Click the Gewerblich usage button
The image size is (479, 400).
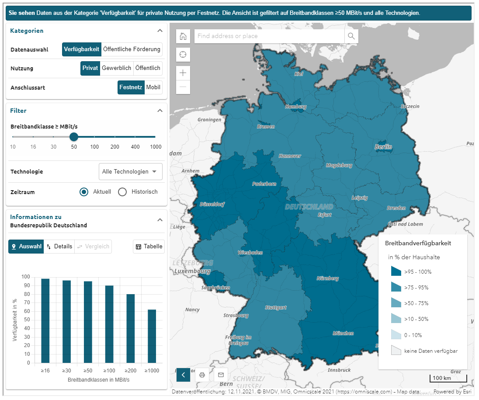click(x=116, y=68)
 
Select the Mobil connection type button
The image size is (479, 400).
click(x=153, y=87)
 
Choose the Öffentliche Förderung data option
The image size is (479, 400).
click(x=132, y=49)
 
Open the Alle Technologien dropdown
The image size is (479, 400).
click(x=130, y=172)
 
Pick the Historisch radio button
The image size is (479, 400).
click(x=123, y=192)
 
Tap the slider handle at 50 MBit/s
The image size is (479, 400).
click(x=74, y=137)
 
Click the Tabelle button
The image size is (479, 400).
click(x=149, y=247)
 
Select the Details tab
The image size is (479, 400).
click(x=59, y=247)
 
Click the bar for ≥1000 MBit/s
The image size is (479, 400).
click(x=152, y=336)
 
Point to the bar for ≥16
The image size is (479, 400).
click(x=45, y=320)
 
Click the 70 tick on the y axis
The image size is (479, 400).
click(x=26, y=303)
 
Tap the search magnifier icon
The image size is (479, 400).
click(x=351, y=36)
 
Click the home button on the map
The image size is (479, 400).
click(x=183, y=36)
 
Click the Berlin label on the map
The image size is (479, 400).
click(x=383, y=147)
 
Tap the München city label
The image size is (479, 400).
click(x=343, y=333)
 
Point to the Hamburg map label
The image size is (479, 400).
click(x=295, y=107)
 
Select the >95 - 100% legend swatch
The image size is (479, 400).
click(x=396, y=271)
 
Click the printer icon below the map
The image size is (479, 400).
click(x=202, y=375)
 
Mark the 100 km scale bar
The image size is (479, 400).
click(x=448, y=378)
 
